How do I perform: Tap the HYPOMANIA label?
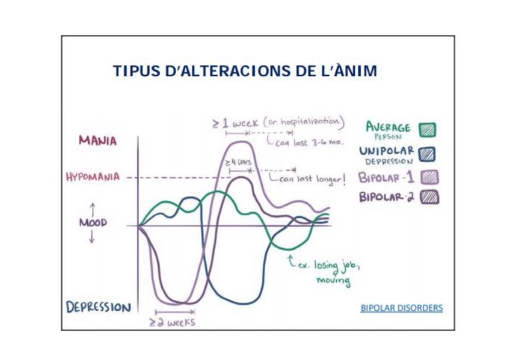click(x=91, y=177)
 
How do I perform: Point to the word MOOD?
click(x=92, y=222)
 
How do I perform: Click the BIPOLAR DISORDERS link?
click(x=401, y=308)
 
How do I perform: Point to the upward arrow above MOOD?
click(x=93, y=209)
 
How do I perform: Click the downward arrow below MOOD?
click(x=92, y=237)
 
